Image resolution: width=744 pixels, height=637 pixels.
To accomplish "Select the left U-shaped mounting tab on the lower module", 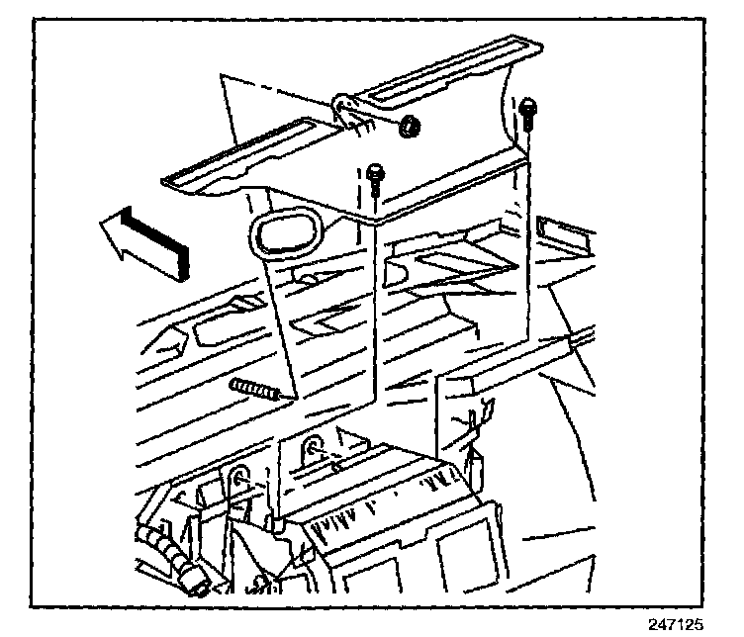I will [240, 482].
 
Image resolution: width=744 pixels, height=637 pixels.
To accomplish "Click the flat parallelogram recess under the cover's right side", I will [465, 262].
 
